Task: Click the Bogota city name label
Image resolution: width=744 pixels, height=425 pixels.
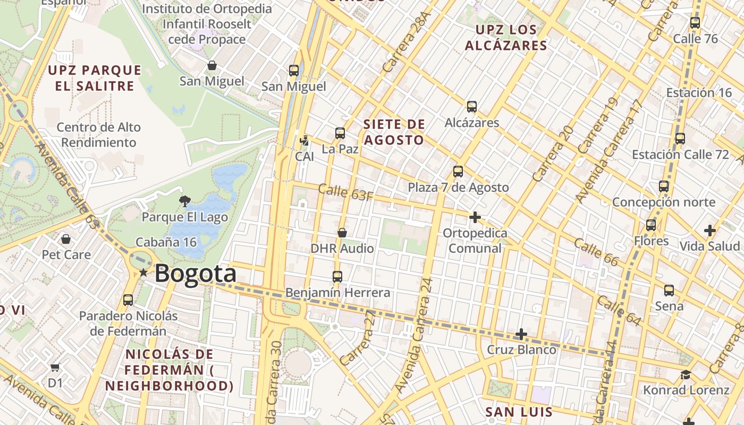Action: [x=195, y=274]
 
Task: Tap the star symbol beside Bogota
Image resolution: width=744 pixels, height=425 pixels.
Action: [x=143, y=273]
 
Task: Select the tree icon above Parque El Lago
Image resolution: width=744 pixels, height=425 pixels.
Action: [x=184, y=201]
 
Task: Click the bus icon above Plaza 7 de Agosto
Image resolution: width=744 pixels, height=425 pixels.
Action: [x=458, y=172]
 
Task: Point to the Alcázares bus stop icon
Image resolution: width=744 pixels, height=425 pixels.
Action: [x=471, y=107]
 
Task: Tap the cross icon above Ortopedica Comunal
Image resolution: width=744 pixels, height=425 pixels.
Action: [x=475, y=217]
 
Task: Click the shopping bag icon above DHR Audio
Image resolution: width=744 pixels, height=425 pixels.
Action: [x=342, y=233]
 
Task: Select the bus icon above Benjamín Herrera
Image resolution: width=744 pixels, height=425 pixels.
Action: [x=337, y=276]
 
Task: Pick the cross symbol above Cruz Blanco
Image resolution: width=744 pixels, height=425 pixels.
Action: [x=521, y=334]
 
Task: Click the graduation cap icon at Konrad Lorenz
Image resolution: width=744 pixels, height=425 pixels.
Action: [x=686, y=375]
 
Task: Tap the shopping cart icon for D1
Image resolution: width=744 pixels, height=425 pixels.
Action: [x=55, y=367]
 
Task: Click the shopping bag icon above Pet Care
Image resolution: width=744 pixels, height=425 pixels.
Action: [x=66, y=239]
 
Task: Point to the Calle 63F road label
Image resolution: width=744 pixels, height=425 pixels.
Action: [x=345, y=192]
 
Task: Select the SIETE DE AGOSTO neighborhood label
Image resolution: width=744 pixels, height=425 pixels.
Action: [x=394, y=132]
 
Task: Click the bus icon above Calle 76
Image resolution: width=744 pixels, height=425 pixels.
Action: [x=695, y=23]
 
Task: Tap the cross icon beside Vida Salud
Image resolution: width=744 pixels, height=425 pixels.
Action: [x=709, y=231]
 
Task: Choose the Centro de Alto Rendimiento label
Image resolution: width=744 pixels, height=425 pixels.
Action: [x=98, y=135]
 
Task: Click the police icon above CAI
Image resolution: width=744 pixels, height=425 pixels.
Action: [x=305, y=141]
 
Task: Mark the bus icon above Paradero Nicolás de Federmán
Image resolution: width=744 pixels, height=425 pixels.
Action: [x=128, y=300]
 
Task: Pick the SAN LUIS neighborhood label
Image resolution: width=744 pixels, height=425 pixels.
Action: [x=519, y=412]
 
